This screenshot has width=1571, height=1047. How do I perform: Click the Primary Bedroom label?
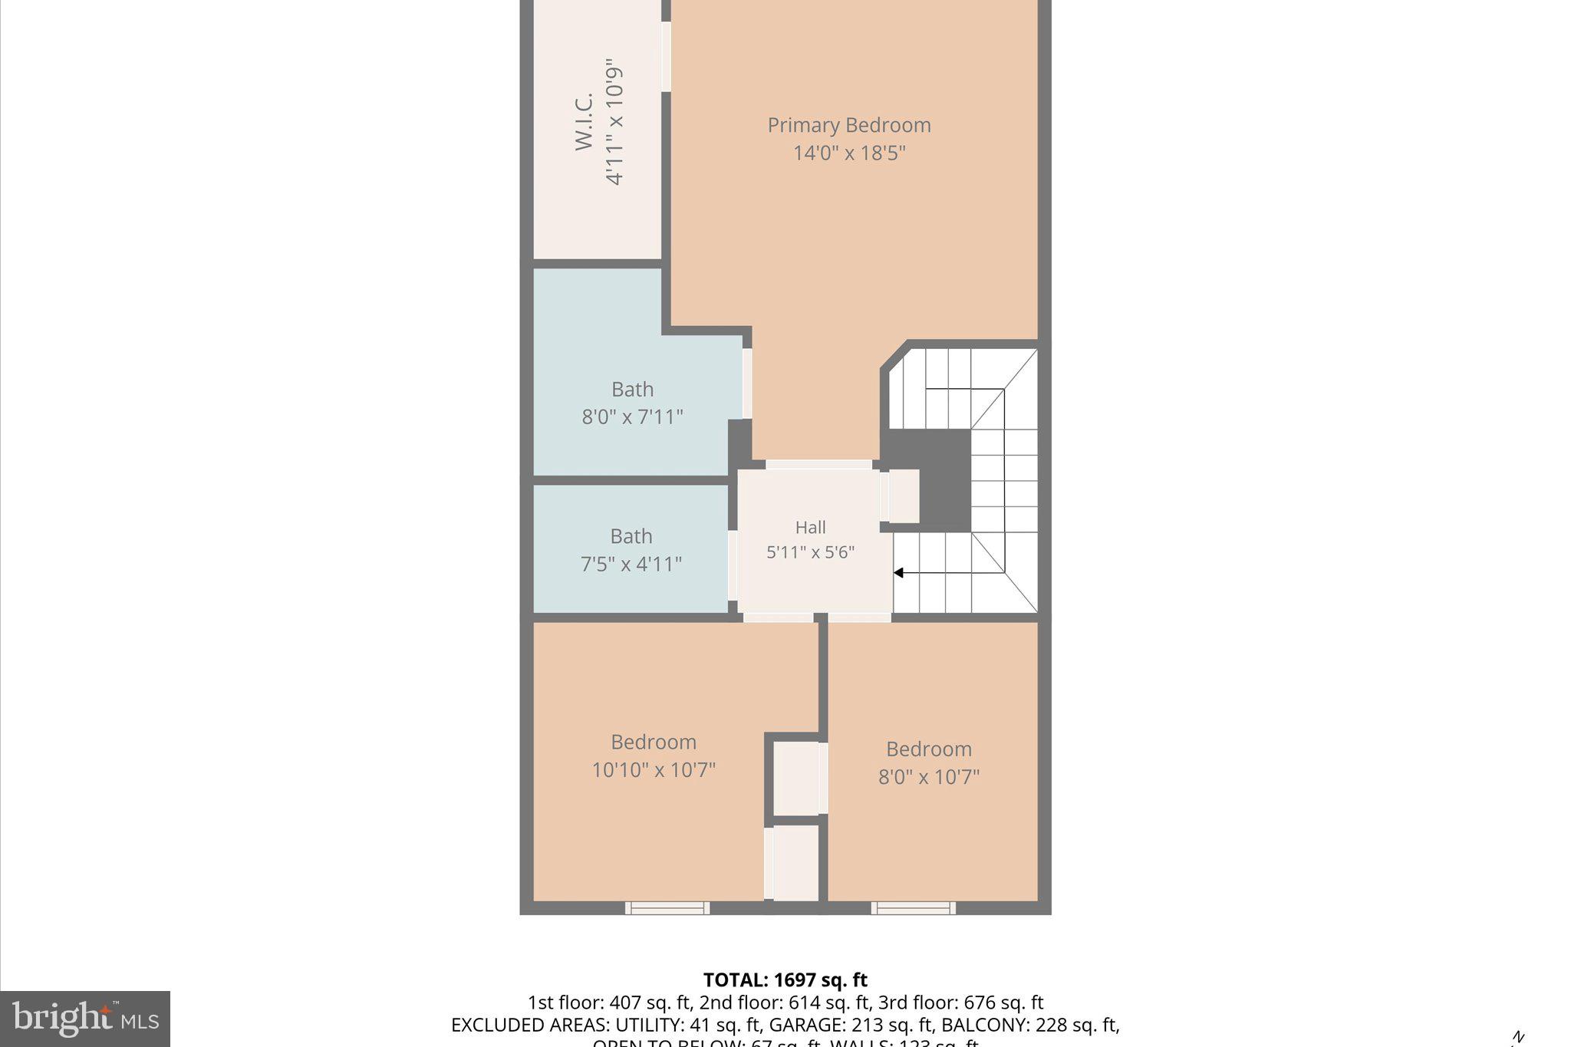coord(848,125)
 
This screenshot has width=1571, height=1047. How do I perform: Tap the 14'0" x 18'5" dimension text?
coord(848,153)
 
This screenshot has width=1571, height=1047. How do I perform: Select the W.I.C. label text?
coord(585,121)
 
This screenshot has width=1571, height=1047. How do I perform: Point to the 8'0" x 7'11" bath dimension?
coord(632,417)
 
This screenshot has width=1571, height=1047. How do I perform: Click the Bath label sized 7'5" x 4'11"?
coord(631,536)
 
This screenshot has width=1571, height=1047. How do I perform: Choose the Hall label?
coord(810,528)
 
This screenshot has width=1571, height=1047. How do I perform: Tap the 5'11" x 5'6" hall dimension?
coord(810,552)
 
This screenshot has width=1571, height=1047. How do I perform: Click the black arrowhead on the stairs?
coord(898,573)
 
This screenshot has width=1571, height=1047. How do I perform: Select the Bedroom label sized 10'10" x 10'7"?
coord(654,742)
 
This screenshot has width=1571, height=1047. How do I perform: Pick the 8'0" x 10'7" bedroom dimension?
coord(928,777)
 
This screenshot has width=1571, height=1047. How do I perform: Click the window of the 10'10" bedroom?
coord(667,908)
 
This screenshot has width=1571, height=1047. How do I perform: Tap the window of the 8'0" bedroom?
coord(913,908)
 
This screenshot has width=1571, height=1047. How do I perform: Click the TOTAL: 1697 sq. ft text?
coord(785,980)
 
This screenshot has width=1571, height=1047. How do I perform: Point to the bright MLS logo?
coord(85,1019)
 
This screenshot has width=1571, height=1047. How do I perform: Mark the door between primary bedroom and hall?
coord(818,465)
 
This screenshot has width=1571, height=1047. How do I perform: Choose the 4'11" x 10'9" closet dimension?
coord(614,121)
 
